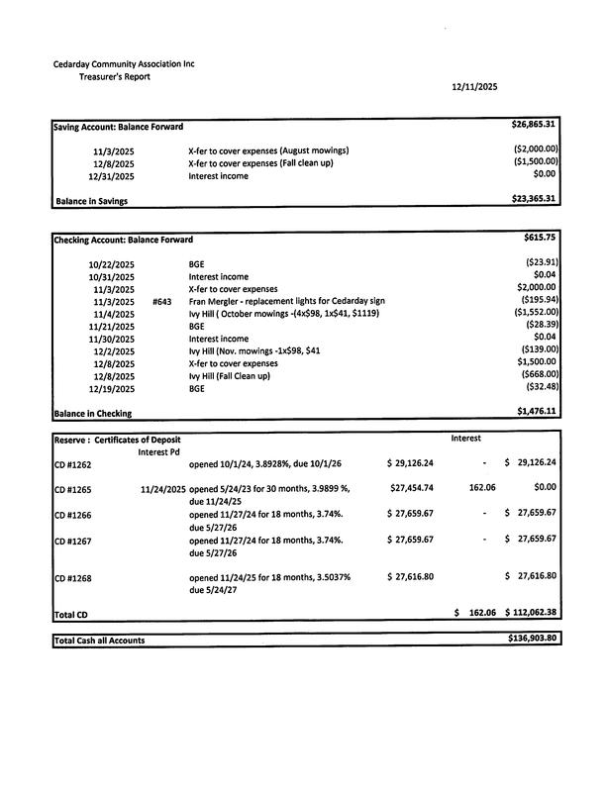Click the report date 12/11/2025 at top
point(474,87)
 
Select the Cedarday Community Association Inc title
point(124,64)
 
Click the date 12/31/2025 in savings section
point(112,176)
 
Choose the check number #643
point(163,301)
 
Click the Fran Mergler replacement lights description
point(286,301)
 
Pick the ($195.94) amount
point(540,300)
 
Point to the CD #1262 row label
point(72,463)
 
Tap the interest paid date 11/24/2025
point(163,489)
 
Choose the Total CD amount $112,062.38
point(531,613)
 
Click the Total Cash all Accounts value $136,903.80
point(533,640)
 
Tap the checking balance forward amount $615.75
point(541,239)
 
